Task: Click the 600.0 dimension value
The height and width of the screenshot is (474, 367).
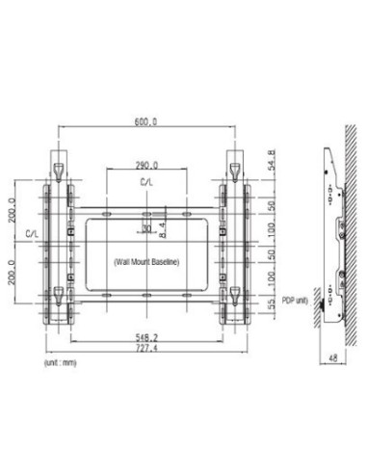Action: [147, 122]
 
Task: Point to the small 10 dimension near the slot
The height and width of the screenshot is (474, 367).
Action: [145, 226]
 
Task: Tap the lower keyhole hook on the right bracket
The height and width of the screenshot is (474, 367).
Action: [235, 289]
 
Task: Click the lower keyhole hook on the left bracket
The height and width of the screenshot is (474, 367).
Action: [58, 289]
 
